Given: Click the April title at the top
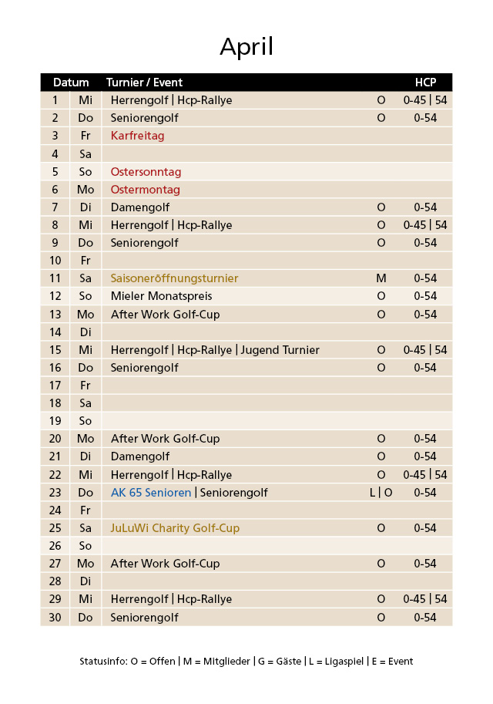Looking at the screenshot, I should pos(246,47).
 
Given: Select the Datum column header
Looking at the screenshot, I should pos(71,83).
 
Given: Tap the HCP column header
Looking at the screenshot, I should pos(425,83).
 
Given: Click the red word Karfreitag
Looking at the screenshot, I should pos(137,136).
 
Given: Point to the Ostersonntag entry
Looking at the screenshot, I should pos(146,171).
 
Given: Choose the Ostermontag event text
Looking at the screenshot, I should pos(145,190).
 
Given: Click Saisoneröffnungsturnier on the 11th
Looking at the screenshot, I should pos(174,278).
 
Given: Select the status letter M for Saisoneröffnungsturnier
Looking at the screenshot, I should pos(381,278).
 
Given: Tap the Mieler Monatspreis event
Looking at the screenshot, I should pos(161,296).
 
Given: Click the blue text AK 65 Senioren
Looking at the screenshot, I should pos(151,493).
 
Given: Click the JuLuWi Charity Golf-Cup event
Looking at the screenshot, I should pos(175,528).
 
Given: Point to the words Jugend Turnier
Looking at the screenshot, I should pos(280,350).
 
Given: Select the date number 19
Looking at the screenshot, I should pos(55,421).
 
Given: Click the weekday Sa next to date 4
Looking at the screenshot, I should pos(86,153).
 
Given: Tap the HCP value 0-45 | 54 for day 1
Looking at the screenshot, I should pos(425,100).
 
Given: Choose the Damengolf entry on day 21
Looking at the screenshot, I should pos(139,456).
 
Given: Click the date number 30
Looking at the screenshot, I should pos(55,618).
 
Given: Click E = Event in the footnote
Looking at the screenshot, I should pos(392,662).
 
